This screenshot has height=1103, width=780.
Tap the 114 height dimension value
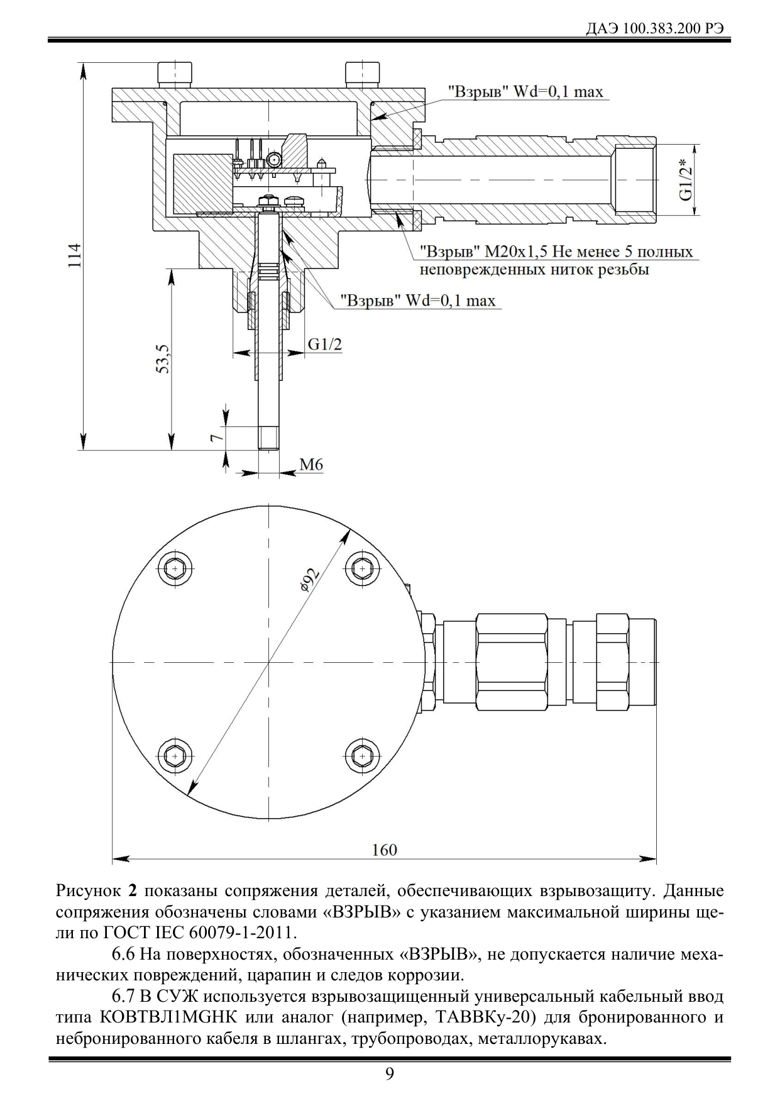tap(75, 255)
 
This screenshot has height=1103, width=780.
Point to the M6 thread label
tap(311, 465)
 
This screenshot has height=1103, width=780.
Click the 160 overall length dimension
tap(384, 850)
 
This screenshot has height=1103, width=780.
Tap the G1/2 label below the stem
tap(325, 344)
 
